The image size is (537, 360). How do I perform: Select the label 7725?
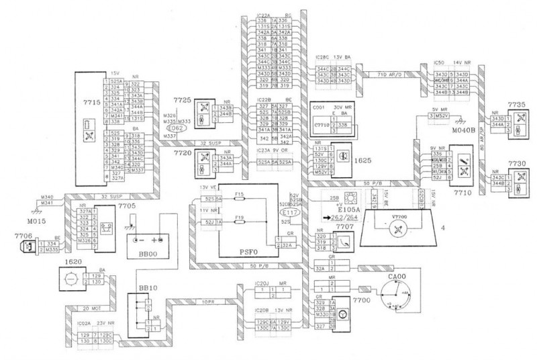[183, 99]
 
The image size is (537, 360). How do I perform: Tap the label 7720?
[183, 152]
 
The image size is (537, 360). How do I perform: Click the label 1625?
[365, 161]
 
